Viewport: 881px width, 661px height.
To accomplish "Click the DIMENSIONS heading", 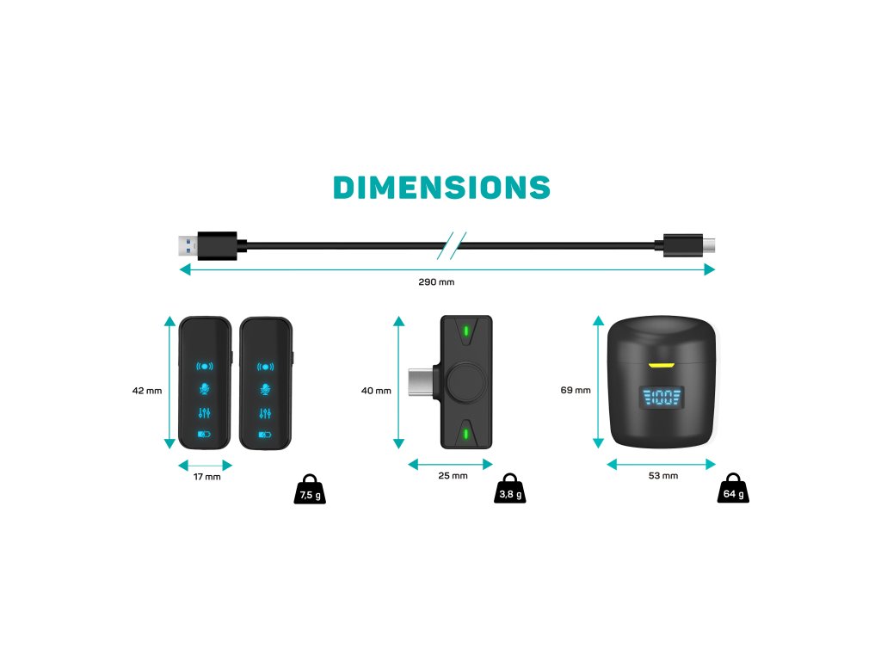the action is (x=441, y=188).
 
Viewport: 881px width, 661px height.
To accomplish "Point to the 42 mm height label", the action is (x=147, y=390).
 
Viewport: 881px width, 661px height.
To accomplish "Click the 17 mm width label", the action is (x=206, y=477).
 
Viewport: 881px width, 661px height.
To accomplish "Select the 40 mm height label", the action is (x=376, y=391).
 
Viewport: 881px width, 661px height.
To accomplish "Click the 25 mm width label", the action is (x=453, y=476).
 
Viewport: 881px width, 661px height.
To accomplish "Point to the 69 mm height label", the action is (x=576, y=390).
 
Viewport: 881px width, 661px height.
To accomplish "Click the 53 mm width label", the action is (x=662, y=476).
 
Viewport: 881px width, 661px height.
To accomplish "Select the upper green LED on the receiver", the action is (x=465, y=330).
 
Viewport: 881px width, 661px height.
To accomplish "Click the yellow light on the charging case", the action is (x=661, y=365).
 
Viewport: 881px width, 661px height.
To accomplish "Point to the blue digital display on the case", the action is (x=661, y=398).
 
